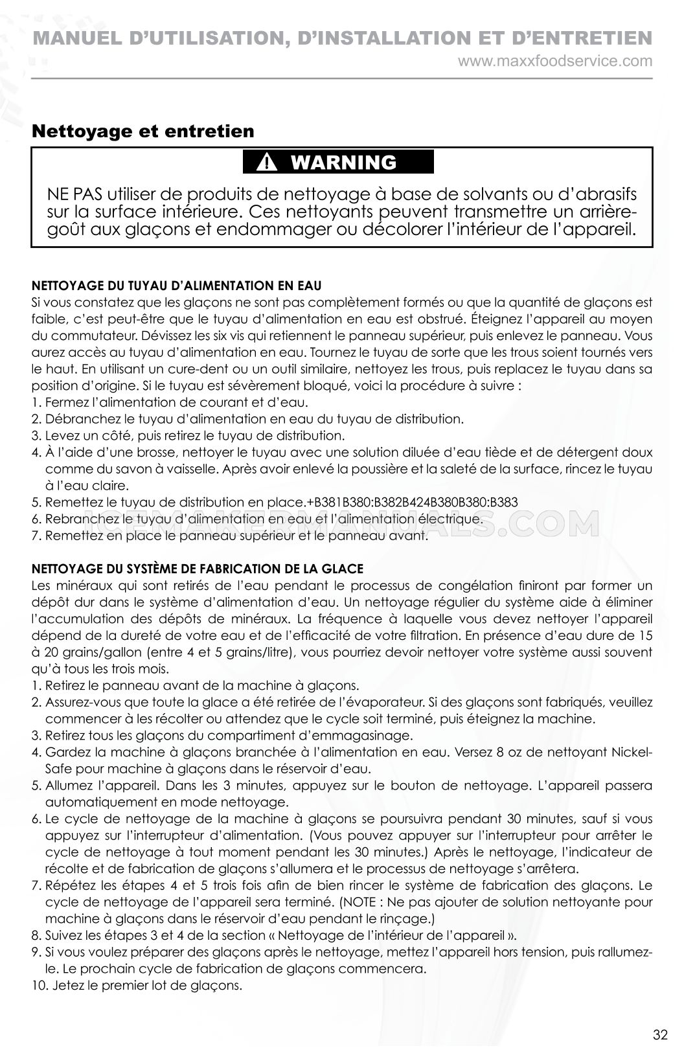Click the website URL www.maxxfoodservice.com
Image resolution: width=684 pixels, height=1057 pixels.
coord(555,62)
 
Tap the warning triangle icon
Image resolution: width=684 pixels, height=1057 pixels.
coord(266,163)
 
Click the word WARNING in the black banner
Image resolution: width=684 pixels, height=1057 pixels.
coord(344,162)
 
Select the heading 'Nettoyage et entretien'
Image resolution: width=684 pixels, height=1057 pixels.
coord(143,131)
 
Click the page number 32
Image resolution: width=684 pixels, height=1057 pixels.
coord(660,1034)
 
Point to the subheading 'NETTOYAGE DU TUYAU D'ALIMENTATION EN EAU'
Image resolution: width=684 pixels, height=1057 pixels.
coord(176,285)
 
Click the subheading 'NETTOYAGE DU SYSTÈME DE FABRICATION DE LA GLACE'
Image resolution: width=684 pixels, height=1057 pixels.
coord(198,569)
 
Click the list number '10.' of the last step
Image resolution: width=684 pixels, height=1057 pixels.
coord(38,986)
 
